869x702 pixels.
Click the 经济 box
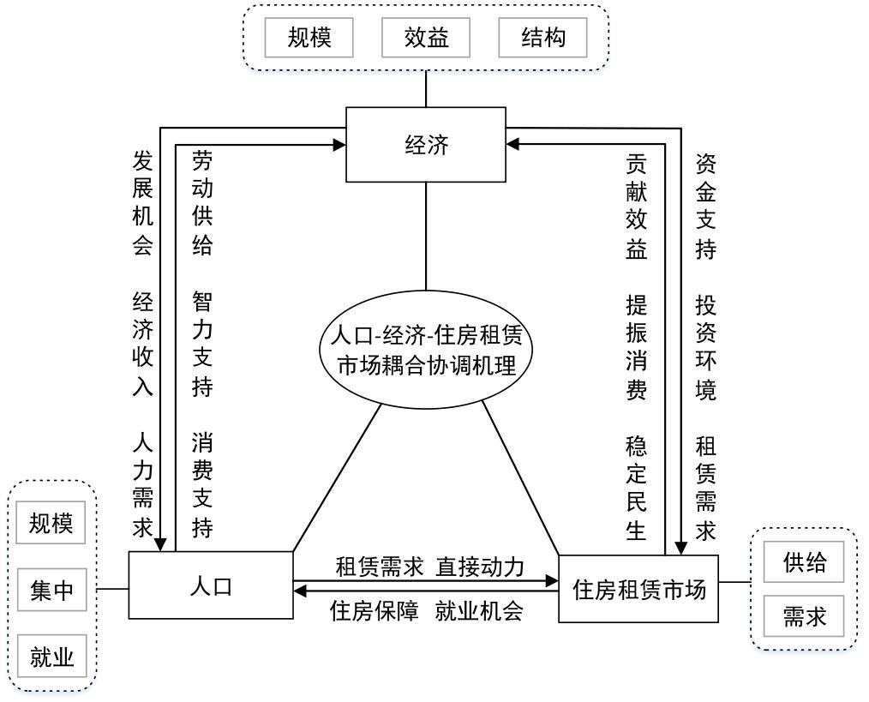tap(426, 145)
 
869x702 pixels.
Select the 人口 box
tap(211, 585)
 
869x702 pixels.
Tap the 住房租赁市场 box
tap(638, 589)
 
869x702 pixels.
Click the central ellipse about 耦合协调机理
tap(426, 350)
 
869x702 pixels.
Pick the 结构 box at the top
tap(542, 38)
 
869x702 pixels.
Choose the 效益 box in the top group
tap(426, 38)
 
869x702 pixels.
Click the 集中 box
tap(51, 590)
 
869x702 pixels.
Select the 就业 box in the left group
tap(51, 657)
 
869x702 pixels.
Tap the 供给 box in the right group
tap(804, 562)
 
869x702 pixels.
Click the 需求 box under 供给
tap(804, 616)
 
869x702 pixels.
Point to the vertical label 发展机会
tap(142, 202)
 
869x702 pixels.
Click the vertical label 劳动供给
tap(202, 202)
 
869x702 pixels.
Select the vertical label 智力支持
tap(202, 344)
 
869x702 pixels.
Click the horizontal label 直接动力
tap(480, 567)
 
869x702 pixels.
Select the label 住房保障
tap(375, 611)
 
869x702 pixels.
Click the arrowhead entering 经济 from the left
tap(339, 145)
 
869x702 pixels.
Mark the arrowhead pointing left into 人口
tap(300, 591)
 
